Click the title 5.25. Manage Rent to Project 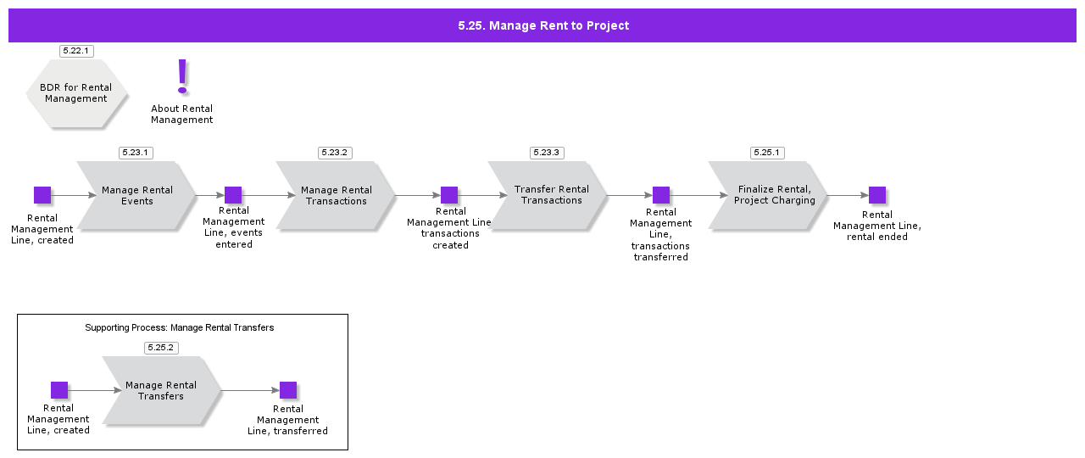(543, 25)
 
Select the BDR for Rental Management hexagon (76, 93)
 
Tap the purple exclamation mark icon (182, 76)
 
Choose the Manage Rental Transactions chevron (337, 196)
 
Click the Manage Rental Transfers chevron (161, 391)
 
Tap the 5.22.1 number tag (76, 51)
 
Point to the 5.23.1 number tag (136, 153)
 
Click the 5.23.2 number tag (335, 153)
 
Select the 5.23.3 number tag (547, 153)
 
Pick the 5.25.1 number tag (767, 153)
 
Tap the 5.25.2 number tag (161, 348)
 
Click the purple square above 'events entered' (233, 195)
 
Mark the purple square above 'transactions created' (449, 195)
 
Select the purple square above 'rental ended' (877, 195)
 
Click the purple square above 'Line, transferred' (288, 390)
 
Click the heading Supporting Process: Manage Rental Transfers (180, 327)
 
